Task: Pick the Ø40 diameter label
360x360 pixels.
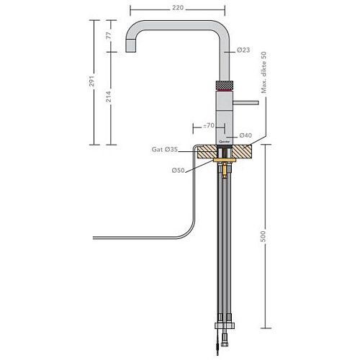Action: tap(245, 136)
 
